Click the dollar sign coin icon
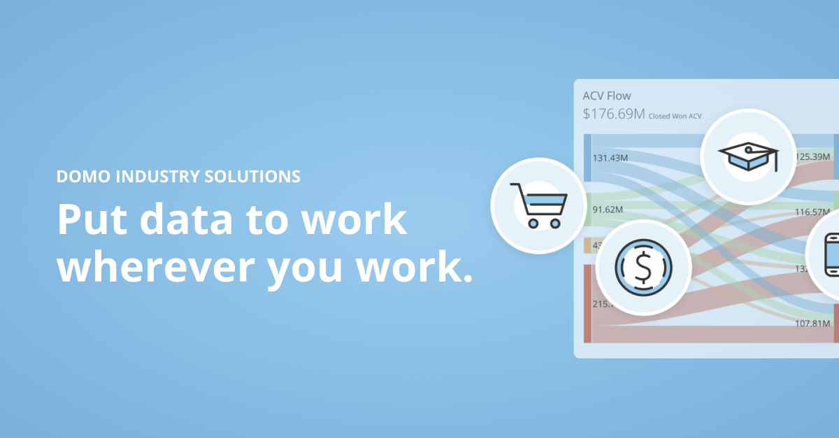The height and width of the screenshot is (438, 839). (643, 267)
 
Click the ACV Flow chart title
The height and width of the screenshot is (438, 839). (607, 96)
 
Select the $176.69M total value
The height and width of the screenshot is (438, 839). (613, 113)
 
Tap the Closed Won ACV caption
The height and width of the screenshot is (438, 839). (675, 116)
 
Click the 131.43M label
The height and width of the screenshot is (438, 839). (610, 157)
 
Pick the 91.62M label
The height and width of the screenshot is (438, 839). (607, 209)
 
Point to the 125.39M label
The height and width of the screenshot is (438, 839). (813, 156)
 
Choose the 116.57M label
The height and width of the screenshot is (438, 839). (812, 211)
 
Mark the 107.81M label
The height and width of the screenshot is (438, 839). (812, 323)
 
